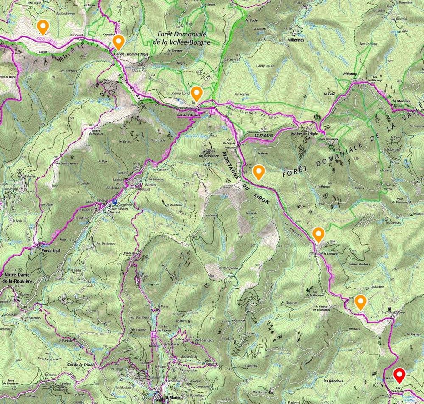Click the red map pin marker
point(399,375)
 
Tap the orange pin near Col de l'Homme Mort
point(118,42)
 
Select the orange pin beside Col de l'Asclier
point(196,93)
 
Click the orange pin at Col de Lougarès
point(318,233)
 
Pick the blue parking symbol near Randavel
point(114,202)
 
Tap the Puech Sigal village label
point(51,250)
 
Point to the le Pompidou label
point(226,269)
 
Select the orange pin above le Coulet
point(42,27)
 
